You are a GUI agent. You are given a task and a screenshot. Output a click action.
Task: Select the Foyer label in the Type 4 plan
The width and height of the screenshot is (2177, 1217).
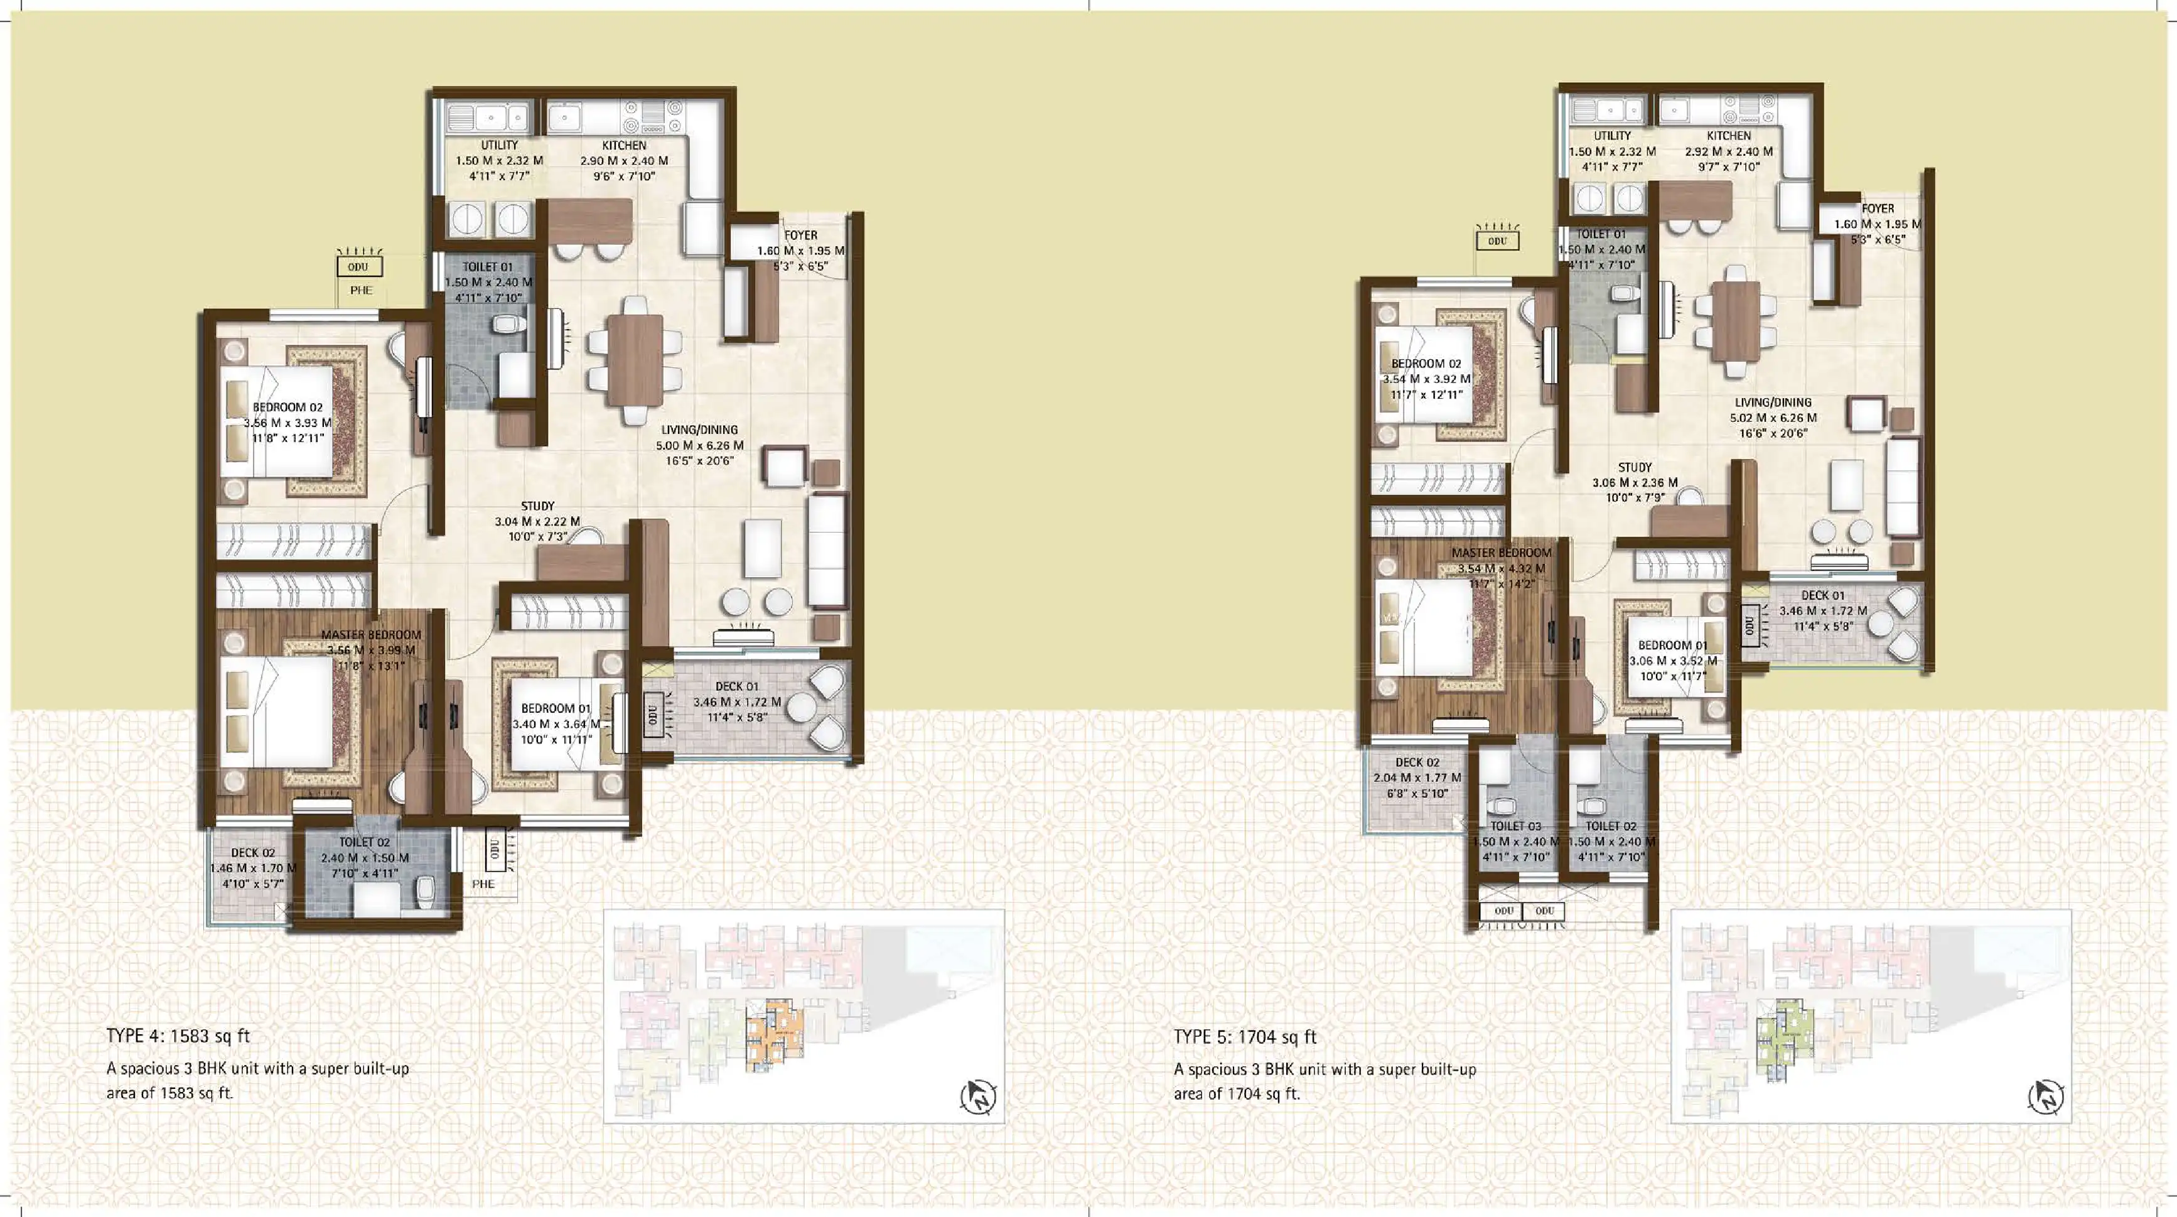tap(800, 235)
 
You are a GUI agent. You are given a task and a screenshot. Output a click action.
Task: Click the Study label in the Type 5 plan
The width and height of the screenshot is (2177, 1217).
tap(1635, 467)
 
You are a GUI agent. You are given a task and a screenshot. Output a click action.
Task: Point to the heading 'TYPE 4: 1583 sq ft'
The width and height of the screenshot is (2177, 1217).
tap(178, 1036)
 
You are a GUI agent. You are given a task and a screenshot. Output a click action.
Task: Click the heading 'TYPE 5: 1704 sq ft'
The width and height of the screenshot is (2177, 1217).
tap(1245, 1037)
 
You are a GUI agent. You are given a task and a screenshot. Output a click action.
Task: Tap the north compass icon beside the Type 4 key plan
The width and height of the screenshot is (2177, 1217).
tap(978, 1098)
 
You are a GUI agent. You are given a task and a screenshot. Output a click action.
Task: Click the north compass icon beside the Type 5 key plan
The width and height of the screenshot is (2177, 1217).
tap(2045, 1098)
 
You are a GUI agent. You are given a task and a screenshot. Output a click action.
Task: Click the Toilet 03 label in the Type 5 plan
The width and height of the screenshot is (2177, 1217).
tap(1515, 826)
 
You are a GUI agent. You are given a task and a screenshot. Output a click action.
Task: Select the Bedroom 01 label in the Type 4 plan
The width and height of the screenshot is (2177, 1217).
tap(556, 709)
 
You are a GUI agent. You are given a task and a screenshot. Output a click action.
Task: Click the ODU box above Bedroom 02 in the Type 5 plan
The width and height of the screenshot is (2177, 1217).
tap(1498, 241)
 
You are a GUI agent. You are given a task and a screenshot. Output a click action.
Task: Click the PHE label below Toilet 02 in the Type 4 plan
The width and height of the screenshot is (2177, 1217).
tap(483, 884)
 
